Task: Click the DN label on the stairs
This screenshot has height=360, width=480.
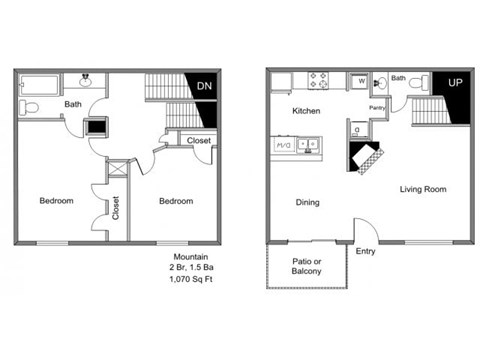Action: click(204, 86)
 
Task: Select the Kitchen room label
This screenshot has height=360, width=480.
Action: click(306, 110)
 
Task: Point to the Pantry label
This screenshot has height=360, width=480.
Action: click(378, 106)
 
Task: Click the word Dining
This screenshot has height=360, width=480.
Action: click(307, 203)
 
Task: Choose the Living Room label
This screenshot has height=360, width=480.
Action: click(423, 189)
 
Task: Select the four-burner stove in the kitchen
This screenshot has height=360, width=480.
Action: click(319, 79)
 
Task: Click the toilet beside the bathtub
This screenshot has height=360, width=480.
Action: click(30, 105)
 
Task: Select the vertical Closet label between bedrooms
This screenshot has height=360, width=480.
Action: click(116, 207)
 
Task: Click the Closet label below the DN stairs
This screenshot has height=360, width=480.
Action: click(198, 141)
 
